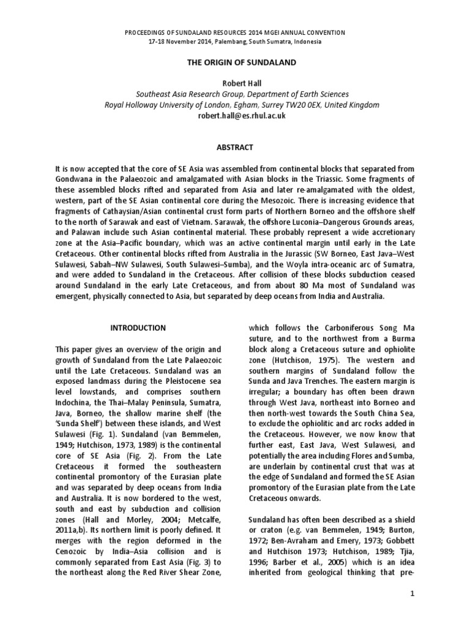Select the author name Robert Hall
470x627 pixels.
pos(235,84)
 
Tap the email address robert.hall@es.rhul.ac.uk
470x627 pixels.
pos(235,116)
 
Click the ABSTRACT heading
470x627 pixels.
pos(235,147)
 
